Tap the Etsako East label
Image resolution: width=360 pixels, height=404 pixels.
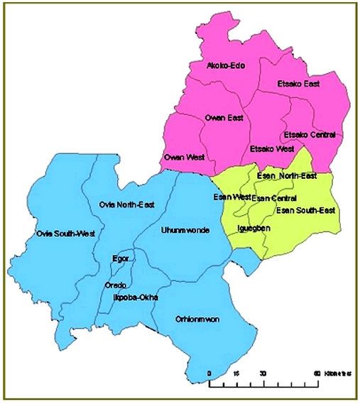(x=297, y=84)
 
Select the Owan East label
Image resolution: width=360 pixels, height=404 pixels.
(x=224, y=119)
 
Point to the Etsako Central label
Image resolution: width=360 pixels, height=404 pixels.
(x=309, y=134)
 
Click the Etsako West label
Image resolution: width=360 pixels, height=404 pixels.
(x=272, y=149)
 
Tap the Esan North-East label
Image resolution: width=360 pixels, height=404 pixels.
(x=287, y=175)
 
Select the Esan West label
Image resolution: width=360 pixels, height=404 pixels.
(x=232, y=196)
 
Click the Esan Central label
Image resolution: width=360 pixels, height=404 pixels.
(x=274, y=197)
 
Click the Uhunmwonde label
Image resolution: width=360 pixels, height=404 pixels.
(x=185, y=230)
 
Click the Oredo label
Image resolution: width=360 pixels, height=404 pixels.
(x=115, y=285)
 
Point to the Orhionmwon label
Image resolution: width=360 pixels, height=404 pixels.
(x=197, y=320)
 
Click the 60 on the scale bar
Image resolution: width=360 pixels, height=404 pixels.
(x=316, y=373)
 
